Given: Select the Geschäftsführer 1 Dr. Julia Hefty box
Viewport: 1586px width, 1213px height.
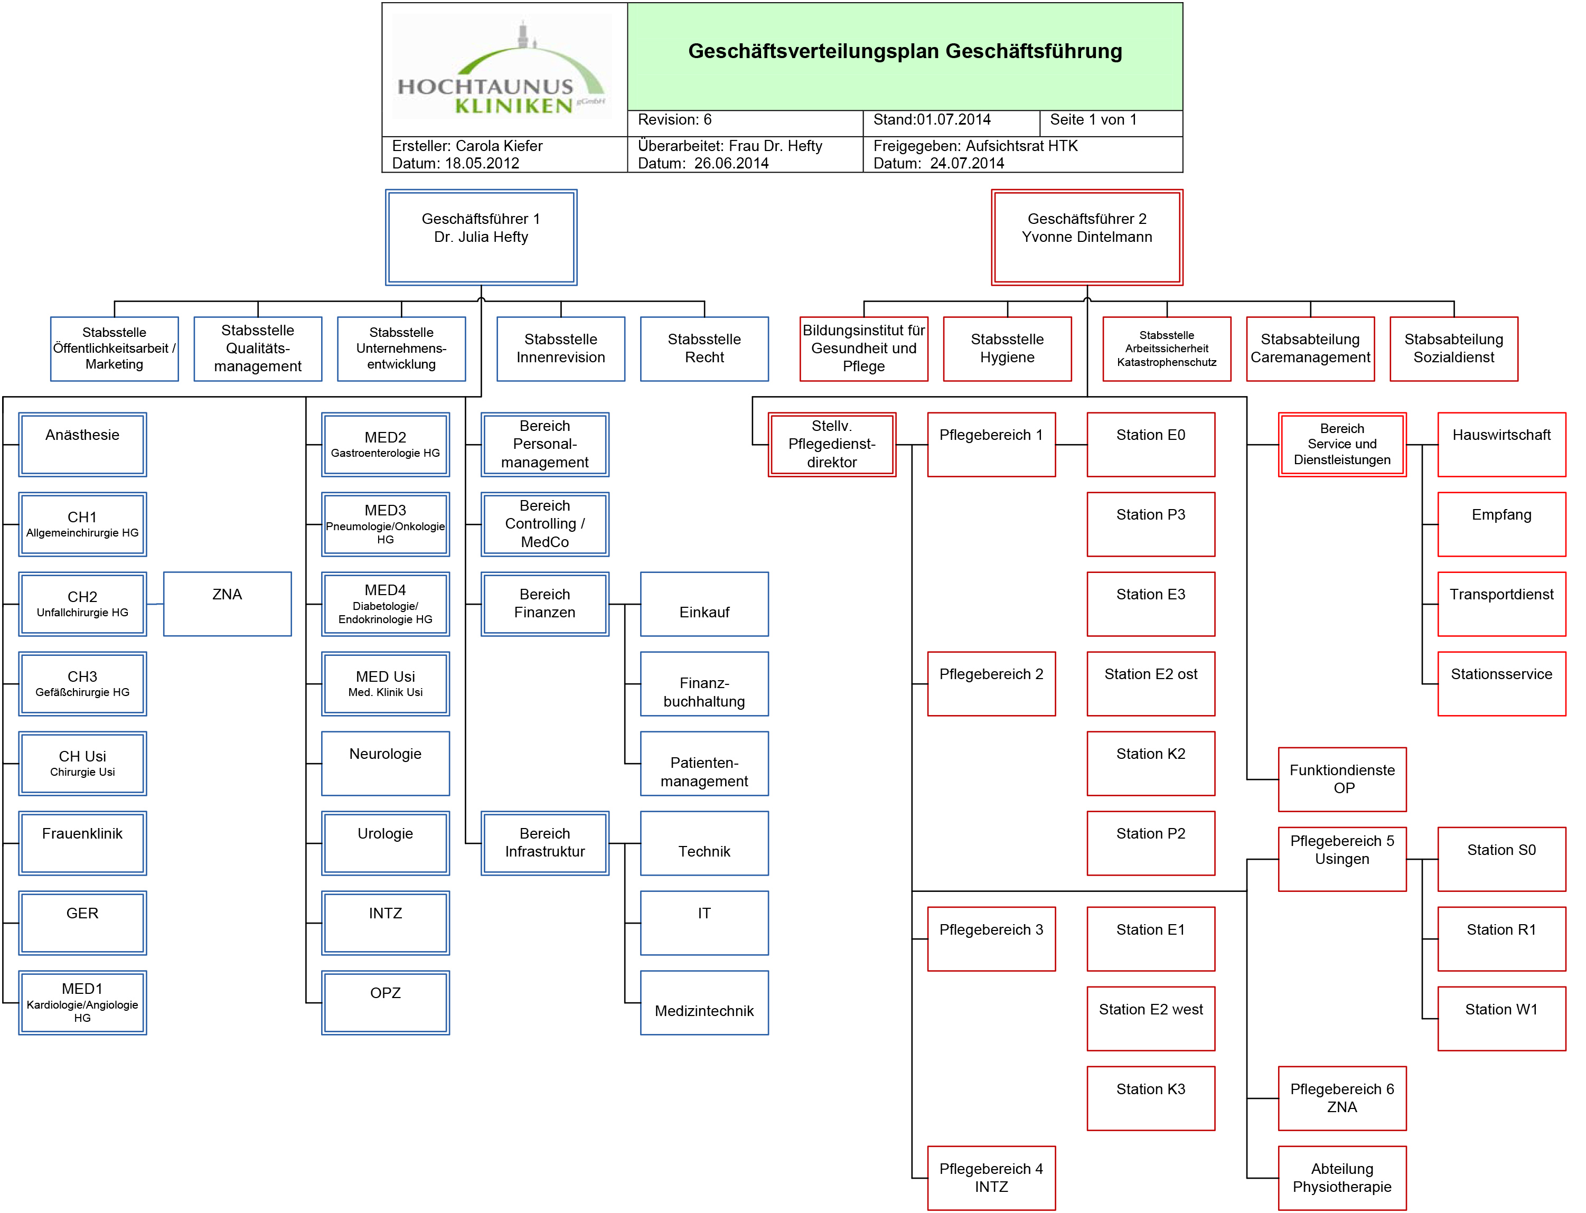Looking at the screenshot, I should click(481, 237).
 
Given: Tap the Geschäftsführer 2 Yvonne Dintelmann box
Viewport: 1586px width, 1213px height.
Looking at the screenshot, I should click(1086, 237).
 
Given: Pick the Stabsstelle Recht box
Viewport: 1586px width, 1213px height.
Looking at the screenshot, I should click(704, 349).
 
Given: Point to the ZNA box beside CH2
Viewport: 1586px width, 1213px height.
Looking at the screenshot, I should click(228, 604).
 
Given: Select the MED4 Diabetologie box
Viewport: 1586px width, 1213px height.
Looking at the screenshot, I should click(386, 604).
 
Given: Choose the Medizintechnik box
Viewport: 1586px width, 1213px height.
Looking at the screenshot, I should click(704, 1002).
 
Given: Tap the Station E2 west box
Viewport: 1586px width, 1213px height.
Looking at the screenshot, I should click(1151, 1018).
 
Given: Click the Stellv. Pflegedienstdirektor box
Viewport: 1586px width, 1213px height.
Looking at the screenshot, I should click(832, 444).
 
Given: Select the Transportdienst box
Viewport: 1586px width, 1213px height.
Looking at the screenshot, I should click(1501, 604).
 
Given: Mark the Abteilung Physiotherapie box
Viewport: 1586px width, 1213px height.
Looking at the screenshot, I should click(1341, 1178).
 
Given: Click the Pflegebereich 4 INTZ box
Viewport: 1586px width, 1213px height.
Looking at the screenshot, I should click(991, 1178).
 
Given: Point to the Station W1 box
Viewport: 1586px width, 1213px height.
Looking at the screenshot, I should click(1501, 1018).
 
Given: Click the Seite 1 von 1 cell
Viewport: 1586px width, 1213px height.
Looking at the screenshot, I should click(1110, 120).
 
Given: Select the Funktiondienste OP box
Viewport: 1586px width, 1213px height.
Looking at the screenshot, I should click(1341, 779).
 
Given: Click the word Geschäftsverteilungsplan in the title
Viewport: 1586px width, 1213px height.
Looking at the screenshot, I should click(813, 52).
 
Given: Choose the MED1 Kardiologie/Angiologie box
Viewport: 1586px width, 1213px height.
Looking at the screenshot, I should click(82, 1002).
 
